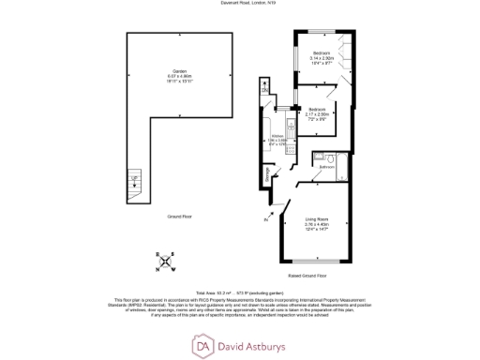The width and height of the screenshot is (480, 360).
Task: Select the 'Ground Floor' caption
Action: pos(180,217)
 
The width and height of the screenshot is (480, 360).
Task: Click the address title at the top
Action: pos(239,5)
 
